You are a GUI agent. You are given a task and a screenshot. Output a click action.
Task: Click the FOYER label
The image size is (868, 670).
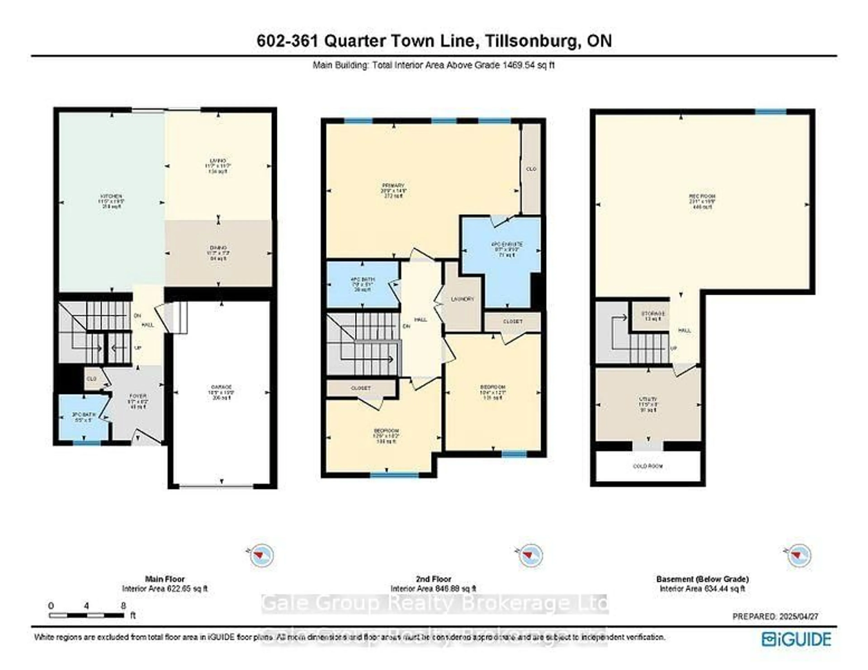pyautogui.click(x=138, y=396)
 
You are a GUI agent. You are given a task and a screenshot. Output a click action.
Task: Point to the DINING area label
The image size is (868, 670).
pyautogui.click(x=218, y=248)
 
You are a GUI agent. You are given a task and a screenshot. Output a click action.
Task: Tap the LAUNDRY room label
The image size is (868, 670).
pyautogui.click(x=463, y=299)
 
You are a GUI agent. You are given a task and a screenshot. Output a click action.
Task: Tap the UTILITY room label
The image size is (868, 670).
pyautogui.click(x=648, y=399)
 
